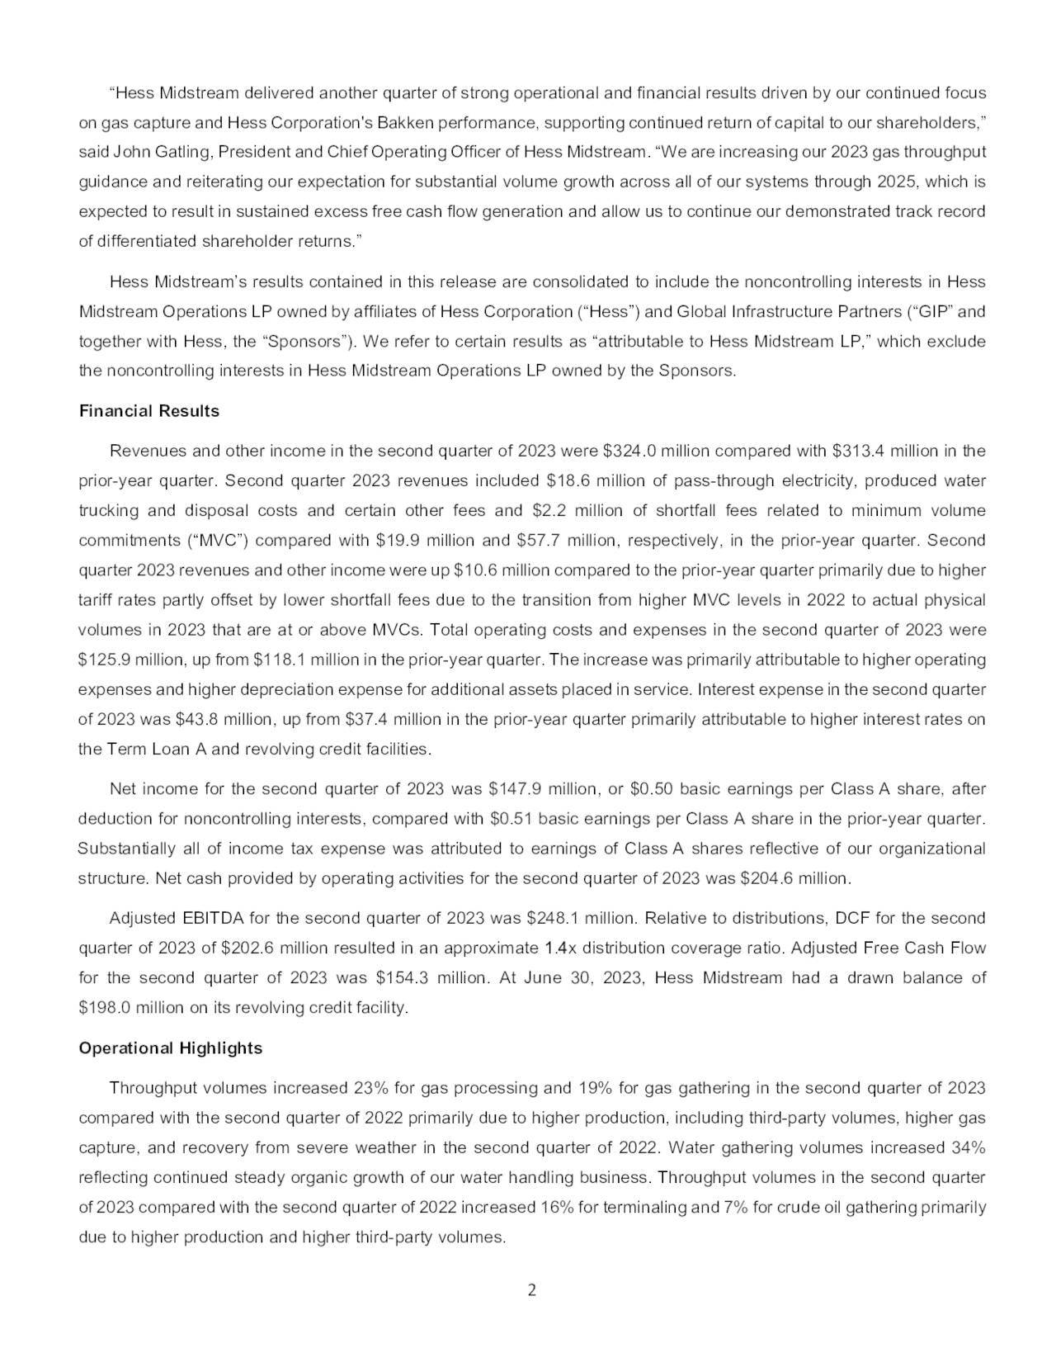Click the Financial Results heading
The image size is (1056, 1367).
(148, 411)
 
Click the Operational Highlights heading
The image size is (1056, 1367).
(170, 1048)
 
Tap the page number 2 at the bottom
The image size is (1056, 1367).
(531, 1290)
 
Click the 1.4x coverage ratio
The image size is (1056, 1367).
(561, 948)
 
